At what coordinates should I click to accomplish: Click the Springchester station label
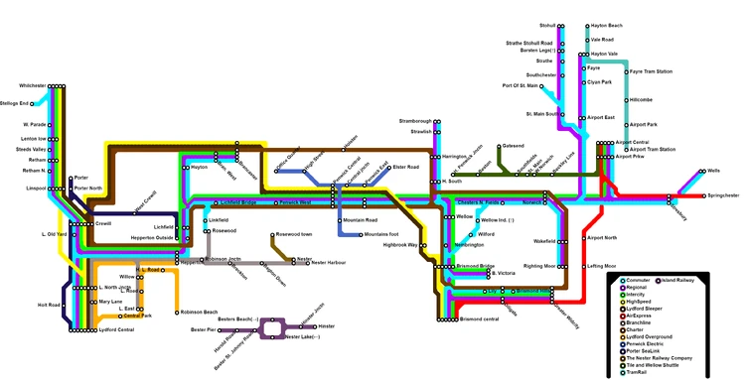(x=722, y=196)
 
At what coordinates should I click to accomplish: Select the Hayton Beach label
(x=606, y=25)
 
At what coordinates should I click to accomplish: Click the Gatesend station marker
(x=498, y=147)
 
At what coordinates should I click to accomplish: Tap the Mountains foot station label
(x=381, y=235)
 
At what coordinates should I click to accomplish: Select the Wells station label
(x=713, y=171)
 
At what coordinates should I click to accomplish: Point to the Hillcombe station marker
(x=626, y=100)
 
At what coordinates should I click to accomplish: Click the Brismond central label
(x=478, y=320)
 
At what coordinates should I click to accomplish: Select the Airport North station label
(x=602, y=238)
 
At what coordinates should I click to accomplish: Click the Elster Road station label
(x=405, y=168)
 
